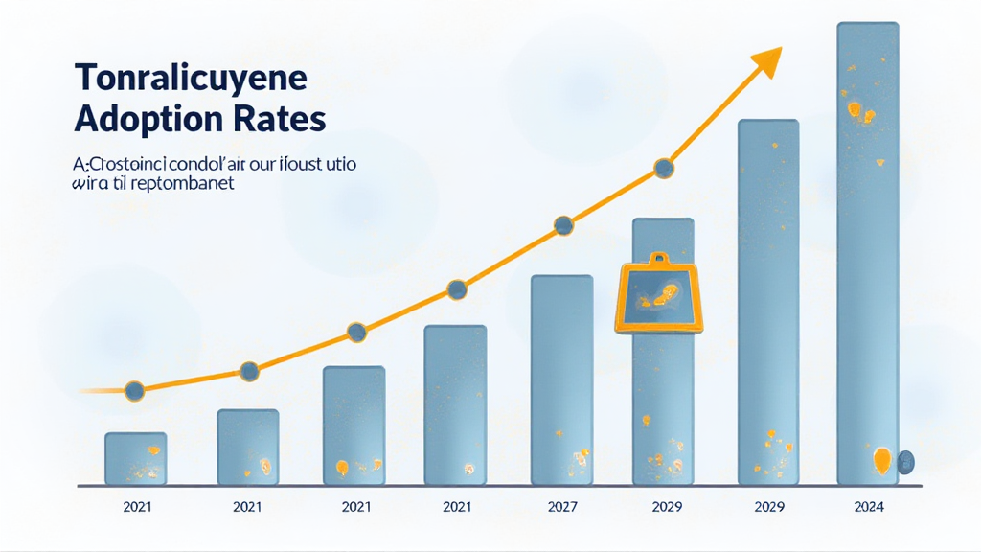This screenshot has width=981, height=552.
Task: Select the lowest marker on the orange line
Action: coord(134,390)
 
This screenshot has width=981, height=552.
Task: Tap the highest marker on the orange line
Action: coord(664,169)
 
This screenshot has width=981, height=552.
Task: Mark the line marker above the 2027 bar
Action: coord(563,226)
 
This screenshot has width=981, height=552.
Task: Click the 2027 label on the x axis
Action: coord(563,507)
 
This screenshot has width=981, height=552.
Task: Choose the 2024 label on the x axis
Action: coord(867,507)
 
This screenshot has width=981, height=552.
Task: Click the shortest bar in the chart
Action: coord(135,459)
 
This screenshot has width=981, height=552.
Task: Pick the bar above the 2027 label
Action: coord(561,379)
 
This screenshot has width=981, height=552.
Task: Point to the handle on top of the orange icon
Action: coord(658,258)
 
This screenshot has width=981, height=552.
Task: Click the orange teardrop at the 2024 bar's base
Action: coord(881,461)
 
